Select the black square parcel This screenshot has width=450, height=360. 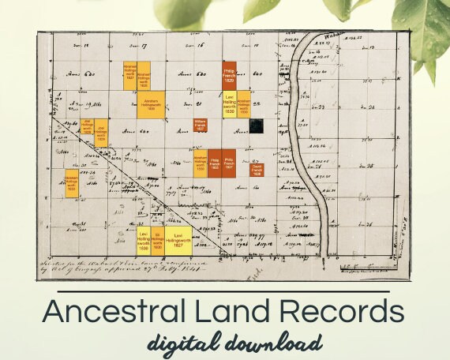click(x=257, y=125)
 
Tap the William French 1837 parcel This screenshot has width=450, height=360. click(x=201, y=124)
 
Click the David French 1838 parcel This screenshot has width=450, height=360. click(x=257, y=169)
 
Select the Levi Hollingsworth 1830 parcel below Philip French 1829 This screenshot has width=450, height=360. click(x=230, y=106)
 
